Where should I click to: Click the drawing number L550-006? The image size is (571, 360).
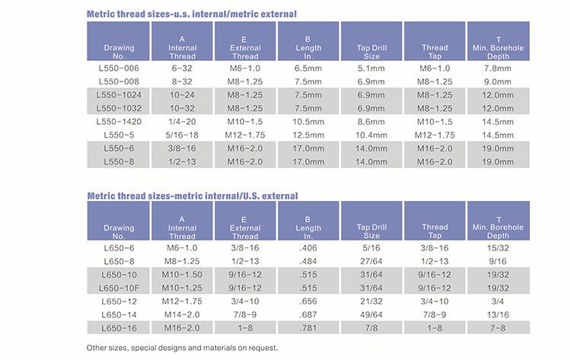click(119, 68)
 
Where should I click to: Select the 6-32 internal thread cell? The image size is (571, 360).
click(182, 68)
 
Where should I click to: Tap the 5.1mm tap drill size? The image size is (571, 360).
click(371, 68)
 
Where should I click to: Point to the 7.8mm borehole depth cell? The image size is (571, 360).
click(498, 68)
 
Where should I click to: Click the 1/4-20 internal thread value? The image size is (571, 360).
click(182, 122)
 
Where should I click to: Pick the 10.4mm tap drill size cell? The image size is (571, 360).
click(371, 135)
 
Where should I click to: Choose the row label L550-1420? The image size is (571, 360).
click(119, 122)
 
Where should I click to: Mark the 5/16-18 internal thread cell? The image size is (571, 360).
click(182, 135)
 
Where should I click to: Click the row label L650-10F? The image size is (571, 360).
click(119, 288)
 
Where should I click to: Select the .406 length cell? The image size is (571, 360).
click(308, 248)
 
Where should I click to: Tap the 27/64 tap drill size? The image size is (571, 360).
click(371, 261)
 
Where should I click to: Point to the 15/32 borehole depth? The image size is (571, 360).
click(498, 248)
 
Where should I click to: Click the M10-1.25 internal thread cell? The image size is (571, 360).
click(182, 288)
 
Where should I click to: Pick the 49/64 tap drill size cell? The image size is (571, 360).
click(371, 314)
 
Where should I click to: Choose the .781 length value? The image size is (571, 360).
click(308, 328)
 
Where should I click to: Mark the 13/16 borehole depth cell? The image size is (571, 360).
click(498, 314)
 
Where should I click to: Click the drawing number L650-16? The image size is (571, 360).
click(119, 328)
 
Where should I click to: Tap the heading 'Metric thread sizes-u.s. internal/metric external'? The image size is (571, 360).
click(192, 14)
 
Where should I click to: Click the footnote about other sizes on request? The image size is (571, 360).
click(182, 348)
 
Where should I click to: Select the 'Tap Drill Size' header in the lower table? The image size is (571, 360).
click(372, 231)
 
